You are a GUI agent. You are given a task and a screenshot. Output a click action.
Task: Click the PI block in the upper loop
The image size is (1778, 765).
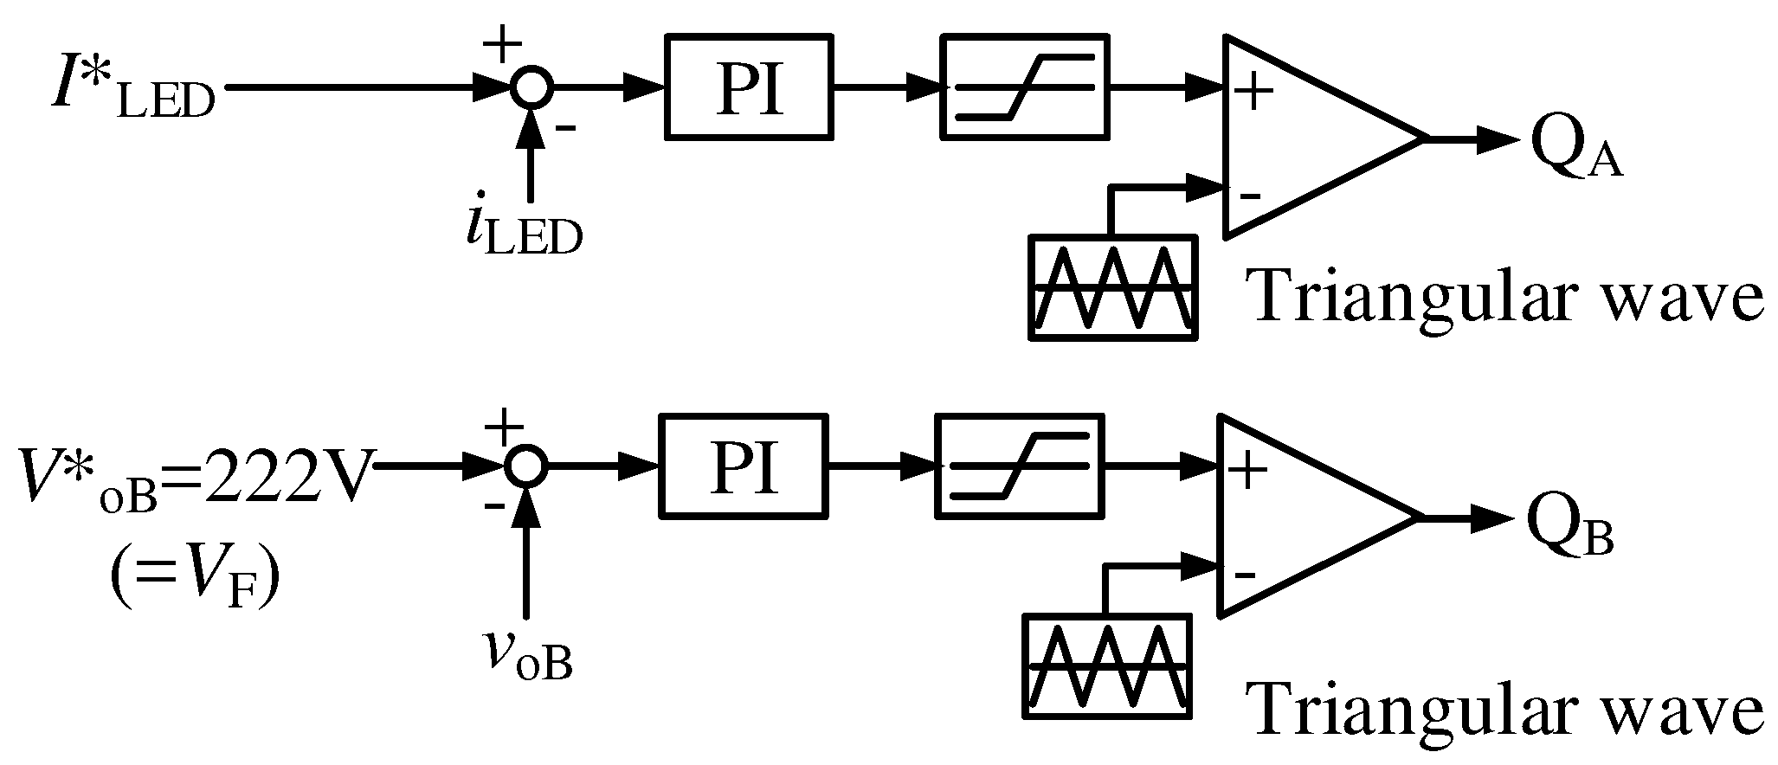[749, 87]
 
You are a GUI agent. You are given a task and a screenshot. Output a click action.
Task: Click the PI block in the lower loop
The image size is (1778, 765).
[743, 466]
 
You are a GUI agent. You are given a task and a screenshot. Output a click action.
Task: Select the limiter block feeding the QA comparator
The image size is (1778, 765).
[1025, 87]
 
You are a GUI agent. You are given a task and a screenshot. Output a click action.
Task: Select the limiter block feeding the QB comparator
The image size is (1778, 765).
[1020, 466]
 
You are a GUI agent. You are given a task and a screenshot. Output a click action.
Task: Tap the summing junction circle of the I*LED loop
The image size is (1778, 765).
[530, 87]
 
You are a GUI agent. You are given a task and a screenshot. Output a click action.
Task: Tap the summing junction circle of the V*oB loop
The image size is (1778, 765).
[525, 466]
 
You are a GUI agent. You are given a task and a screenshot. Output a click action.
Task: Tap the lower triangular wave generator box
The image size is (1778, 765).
[1107, 664]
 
